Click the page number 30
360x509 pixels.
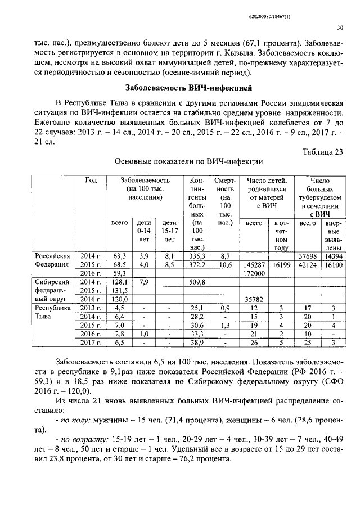[340, 27]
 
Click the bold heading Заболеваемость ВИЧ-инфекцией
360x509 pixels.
[188, 88]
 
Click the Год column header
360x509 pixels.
[91, 181]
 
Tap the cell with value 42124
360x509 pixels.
[308, 264]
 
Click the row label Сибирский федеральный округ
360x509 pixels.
[51, 290]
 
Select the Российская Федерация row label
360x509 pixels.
[51, 259]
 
